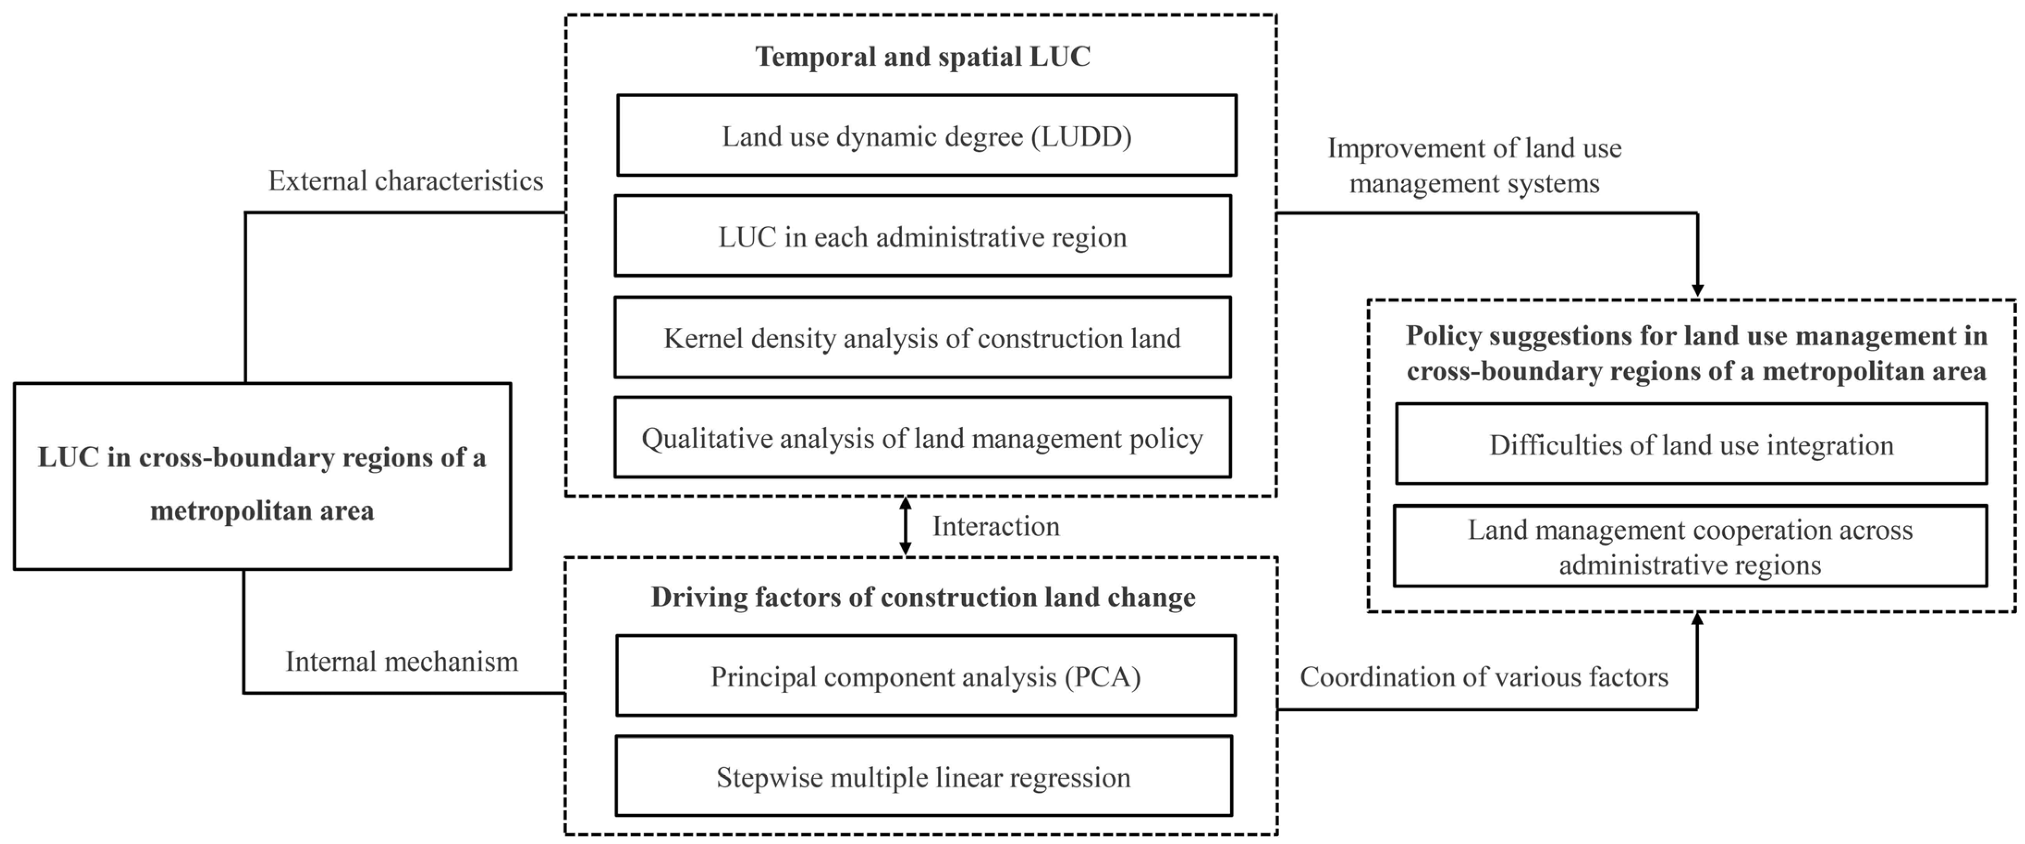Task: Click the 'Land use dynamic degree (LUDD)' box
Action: pyautogui.click(x=926, y=136)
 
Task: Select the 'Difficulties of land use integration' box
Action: pyautogui.click(x=1691, y=444)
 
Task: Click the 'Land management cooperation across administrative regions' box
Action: pyautogui.click(x=1690, y=547)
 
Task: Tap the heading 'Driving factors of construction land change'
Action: pyautogui.click(x=923, y=597)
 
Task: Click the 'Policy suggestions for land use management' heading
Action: pyautogui.click(x=1696, y=353)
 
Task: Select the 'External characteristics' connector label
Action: pyautogui.click(x=405, y=181)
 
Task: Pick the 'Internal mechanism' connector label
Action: pyautogui.click(x=402, y=661)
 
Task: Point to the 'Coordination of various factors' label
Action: pyautogui.click(x=1483, y=677)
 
